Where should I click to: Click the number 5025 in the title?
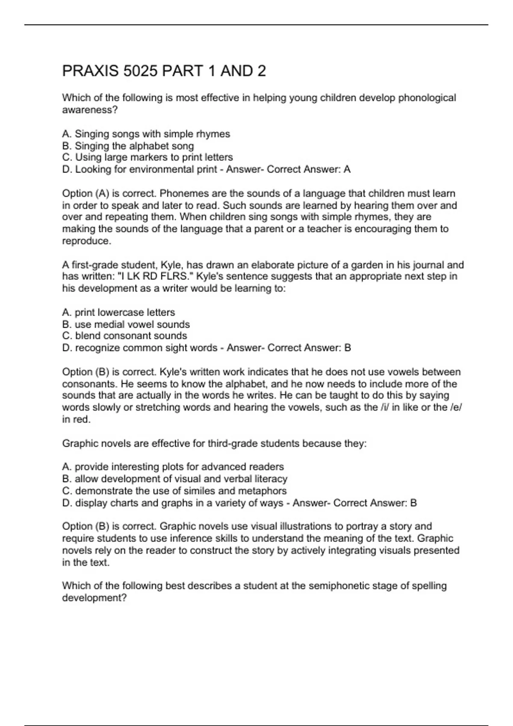(140, 71)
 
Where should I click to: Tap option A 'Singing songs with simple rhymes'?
(146, 134)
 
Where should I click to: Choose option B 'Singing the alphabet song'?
(128, 146)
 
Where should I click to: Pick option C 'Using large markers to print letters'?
(147, 157)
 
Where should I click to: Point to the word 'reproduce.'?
(86, 241)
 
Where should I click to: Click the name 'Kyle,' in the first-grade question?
(171, 265)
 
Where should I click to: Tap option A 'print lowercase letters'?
(119, 312)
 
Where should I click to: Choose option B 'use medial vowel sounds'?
(126, 324)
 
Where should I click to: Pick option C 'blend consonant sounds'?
(125, 336)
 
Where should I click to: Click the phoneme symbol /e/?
(456, 407)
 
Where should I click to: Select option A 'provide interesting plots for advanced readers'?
(173, 466)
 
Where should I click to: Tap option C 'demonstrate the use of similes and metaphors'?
(174, 491)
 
